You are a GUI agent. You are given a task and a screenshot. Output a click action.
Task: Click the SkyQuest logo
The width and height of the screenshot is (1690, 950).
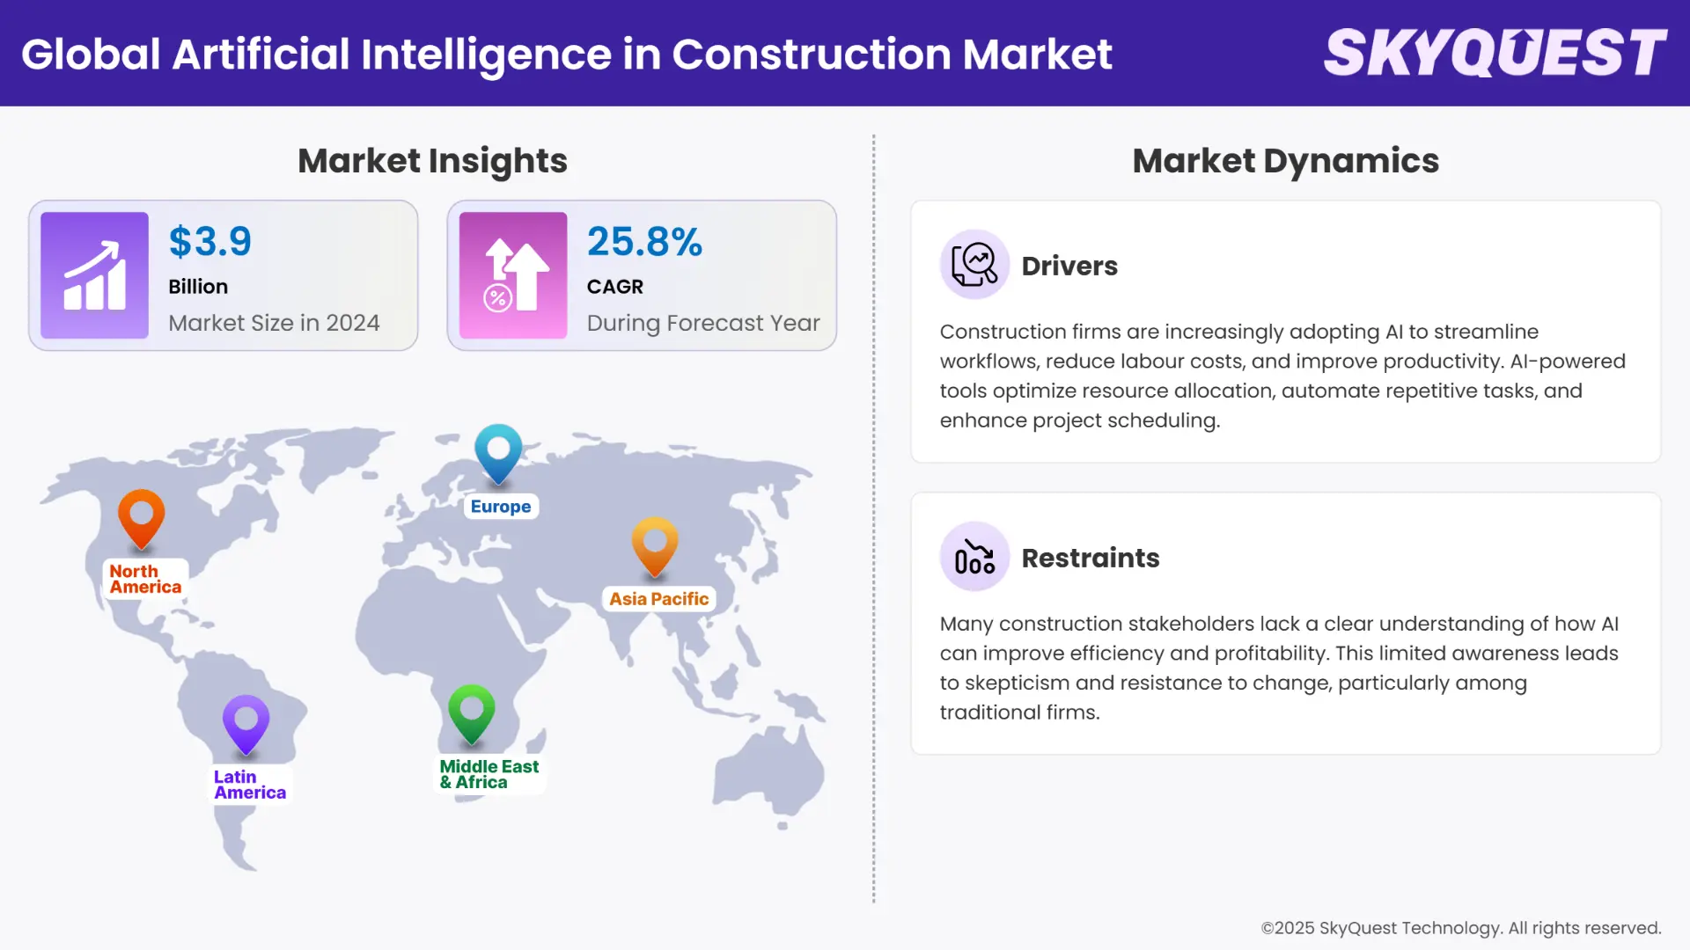[x=1495, y=53]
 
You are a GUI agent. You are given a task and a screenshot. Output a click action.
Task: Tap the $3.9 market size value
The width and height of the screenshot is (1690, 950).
[x=209, y=242]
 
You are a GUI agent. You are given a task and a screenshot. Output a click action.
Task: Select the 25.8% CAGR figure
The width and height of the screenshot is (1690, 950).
[x=644, y=242]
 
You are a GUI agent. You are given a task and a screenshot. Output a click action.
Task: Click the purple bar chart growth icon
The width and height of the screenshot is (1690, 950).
[x=94, y=275]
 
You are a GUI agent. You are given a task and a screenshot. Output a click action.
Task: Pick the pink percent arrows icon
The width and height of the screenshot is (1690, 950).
[x=513, y=275]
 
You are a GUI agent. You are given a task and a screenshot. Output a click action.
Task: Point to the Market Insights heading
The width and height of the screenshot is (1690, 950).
[x=432, y=161]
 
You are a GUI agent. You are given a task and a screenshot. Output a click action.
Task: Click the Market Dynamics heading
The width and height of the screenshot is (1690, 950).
[x=1285, y=161]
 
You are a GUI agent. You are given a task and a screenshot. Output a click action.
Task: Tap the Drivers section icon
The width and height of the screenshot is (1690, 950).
[x=974, y=264]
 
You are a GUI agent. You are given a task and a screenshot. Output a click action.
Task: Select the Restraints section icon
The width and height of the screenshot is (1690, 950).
[x=974, y=556]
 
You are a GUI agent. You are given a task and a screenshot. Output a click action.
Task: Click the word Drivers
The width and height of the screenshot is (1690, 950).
[x=1069, y=266]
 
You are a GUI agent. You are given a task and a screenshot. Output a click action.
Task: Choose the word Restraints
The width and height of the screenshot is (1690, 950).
[x=1091, y=558]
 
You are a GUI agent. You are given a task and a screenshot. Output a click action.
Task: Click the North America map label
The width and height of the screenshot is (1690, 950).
[x=145, y=579]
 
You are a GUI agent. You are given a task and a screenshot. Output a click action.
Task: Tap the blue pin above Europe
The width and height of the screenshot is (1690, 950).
[x=498, y=452]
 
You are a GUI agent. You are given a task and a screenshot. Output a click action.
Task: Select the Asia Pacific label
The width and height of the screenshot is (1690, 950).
[x=658, y=599]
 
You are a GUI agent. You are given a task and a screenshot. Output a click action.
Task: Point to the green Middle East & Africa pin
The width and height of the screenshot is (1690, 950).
[x=472, y=712]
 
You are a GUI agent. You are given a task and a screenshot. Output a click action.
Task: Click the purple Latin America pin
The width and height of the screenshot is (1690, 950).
[x=246, y=723]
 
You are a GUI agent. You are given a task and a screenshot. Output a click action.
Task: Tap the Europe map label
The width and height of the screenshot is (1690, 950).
[x=501, y=507]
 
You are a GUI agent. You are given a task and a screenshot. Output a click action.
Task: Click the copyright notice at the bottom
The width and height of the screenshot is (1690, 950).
[x=1460, y=928]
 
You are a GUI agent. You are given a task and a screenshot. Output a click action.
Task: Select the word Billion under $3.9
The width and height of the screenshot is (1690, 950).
[x=198, y=287]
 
